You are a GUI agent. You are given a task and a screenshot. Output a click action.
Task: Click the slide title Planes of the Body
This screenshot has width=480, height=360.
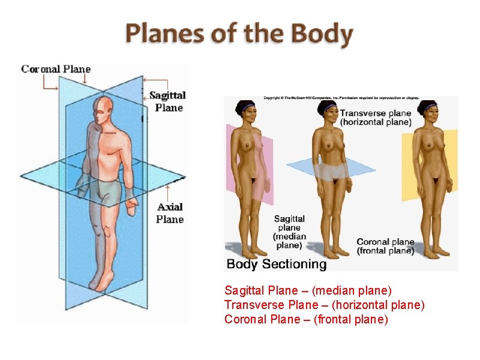pyautogui.click(x=239, y=34)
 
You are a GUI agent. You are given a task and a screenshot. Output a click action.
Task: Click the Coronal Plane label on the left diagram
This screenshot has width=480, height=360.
pyautogui.click(x=56, y=69)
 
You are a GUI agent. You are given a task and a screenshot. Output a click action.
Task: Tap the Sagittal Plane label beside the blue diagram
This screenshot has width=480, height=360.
pyautogui.click(x=167, y=101)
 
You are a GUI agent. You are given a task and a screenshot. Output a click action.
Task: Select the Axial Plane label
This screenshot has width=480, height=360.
pyautogui.click(x=170, y=213)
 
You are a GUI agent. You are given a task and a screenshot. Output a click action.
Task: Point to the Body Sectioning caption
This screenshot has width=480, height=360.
pyautogui.click(x=276, y=263)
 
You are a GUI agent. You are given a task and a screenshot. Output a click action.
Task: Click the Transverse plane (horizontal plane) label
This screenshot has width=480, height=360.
pyautogui.click(x=376, y=117)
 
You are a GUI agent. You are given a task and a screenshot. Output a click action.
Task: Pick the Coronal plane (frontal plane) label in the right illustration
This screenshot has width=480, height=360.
pyautogui.click(x=385, y=247)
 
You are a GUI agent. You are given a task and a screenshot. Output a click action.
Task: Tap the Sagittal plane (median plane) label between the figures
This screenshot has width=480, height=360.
pyautogui.click(x=289, y=232)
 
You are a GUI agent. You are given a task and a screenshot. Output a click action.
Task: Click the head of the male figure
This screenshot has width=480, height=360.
pyautogui.click(x=103, y=109)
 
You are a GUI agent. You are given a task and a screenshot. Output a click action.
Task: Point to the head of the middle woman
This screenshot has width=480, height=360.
pyautogui.click(x=329, y=112)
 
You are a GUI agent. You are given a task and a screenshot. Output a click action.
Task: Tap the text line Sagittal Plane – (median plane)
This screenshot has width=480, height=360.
pyautogui.click(x=308, y=291)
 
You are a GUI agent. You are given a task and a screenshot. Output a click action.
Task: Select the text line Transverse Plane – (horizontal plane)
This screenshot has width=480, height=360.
pyautogui.click(x=324, y=305)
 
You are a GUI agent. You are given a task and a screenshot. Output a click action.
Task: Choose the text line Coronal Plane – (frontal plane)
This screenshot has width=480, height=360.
pyautogui.click(x=306, y=319)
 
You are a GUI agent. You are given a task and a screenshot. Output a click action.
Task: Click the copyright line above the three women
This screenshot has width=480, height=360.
pyautogui.click(x=341, y=98)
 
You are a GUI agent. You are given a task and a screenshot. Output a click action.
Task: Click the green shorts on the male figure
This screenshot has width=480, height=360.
pyautogui.click(x=108, y=191)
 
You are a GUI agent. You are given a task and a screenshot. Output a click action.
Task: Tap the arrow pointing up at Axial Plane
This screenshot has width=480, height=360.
pyautogui.click(x=167, y=193)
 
